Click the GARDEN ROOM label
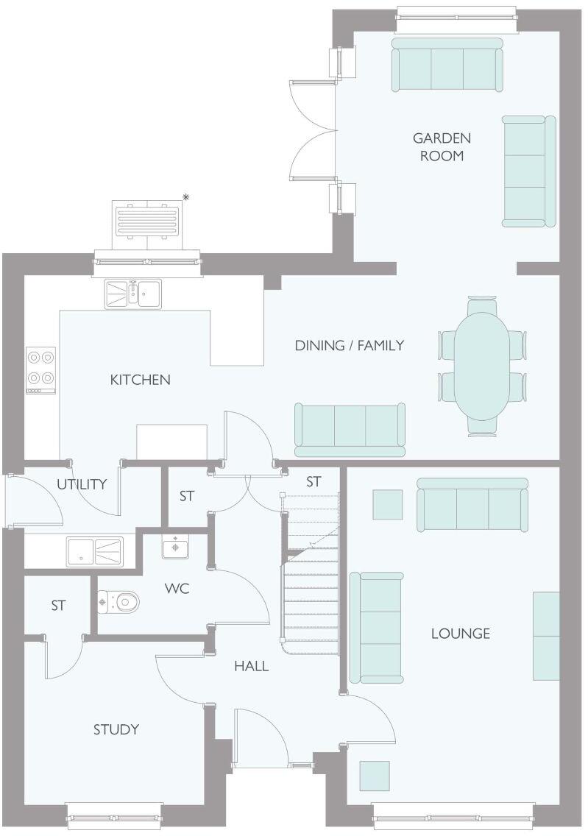click(442, 146)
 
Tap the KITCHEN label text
click(140, 380)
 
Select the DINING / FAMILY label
click(349, 345)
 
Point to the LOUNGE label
click(461, 633)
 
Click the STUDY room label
click(116, 729)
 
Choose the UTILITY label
click(82, 484)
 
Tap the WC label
click(177, 589)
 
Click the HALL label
click(251, 666)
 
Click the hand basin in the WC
click(175, 548)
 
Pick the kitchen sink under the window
click(132, 294)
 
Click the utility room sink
click(95, 550)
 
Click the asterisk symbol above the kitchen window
click(186, 196)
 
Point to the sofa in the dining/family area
click(350, 429)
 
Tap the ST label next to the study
click(58, 606)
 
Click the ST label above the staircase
click(314, 482)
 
